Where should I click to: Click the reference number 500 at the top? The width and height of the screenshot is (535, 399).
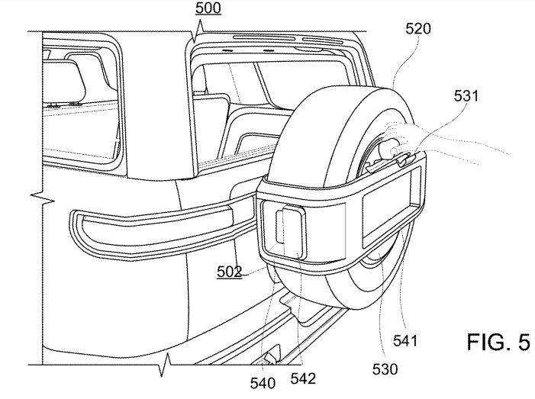click(x=208, y=8)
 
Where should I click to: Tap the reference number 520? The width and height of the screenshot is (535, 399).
click(x=418, y=29)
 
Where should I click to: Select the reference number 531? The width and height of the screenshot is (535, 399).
click(x=466, y=96)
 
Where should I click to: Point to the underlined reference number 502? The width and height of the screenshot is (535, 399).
click(x=229, y=272)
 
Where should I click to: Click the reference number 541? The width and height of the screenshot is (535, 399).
click(x=405, y=341)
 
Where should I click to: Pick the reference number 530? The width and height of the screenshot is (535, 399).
click(x=385, y=369)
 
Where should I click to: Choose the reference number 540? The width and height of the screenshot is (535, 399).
click(x=263, y=384)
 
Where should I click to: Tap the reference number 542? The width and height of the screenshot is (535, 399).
click(x=303, y=378)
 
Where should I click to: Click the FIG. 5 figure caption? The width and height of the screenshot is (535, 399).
click(x=498, y=342)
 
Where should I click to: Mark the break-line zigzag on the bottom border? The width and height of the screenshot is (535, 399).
click(x=166, y=365)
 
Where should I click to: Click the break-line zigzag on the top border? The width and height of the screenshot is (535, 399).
click(x=198, y=31)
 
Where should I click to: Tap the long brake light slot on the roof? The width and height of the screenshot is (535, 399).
click(x=263, y=37)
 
